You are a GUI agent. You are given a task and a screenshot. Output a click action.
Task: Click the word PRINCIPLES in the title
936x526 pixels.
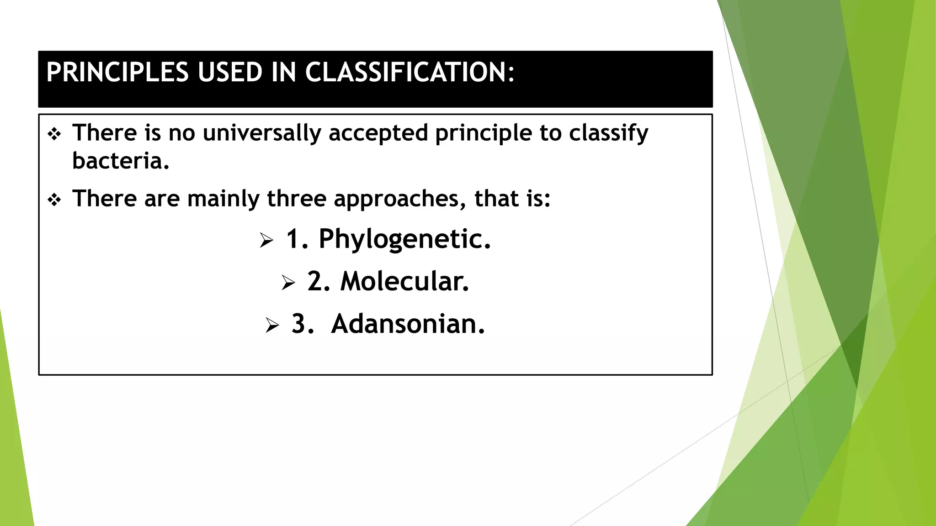pyautogui.click(x=117, y=73)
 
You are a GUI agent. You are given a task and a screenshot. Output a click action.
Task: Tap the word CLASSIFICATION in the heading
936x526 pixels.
pyautogui.click(x=409, y=73)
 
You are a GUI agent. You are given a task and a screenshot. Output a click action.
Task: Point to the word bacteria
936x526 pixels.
pyautogui.click(x=120, y=161)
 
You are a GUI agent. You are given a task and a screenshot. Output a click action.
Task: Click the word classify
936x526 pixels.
pyautogui.click(x=608, y=133)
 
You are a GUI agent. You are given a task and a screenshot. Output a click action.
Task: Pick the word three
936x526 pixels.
pyautogui.click(x=297, y=199)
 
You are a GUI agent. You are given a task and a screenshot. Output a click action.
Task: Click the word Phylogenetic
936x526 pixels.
pyautogui.click(x=404, y=239)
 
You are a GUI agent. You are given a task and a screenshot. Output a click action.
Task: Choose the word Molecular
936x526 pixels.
pyautogui.click(x=404, y=281)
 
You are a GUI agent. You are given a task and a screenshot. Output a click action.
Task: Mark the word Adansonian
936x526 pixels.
pyautogui.click(x=408, y=324)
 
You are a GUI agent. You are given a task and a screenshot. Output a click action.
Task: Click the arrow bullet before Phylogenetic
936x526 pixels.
pyautogui.click(x=266, y=240)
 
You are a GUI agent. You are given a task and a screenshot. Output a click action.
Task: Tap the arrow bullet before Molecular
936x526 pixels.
pyautogui.click(x=288, y=283)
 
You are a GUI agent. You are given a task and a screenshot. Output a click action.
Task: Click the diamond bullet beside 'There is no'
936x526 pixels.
pyautogui.click(x=54, y=135)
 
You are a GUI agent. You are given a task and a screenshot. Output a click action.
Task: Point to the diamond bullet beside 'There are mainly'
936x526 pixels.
pyautogui.click(x=54, y=200)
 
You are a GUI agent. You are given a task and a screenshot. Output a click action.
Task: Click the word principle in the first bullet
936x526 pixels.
pyautogui.click(x=483, y=133)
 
